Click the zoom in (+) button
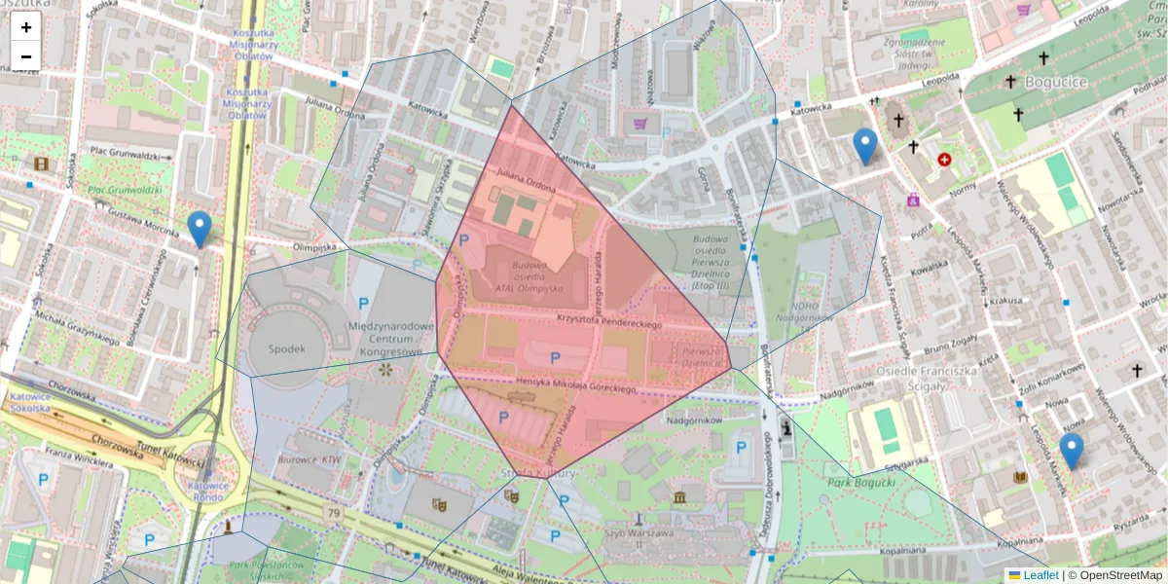(26, 27)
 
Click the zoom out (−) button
(26, 56)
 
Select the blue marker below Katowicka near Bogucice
(864, 147)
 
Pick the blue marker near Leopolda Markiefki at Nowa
(1071, 452)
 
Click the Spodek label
(287, 348)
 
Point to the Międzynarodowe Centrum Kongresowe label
(389, 339)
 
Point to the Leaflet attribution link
(1040, 575)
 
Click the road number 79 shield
(334, 512)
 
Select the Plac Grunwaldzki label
(124, 154)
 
